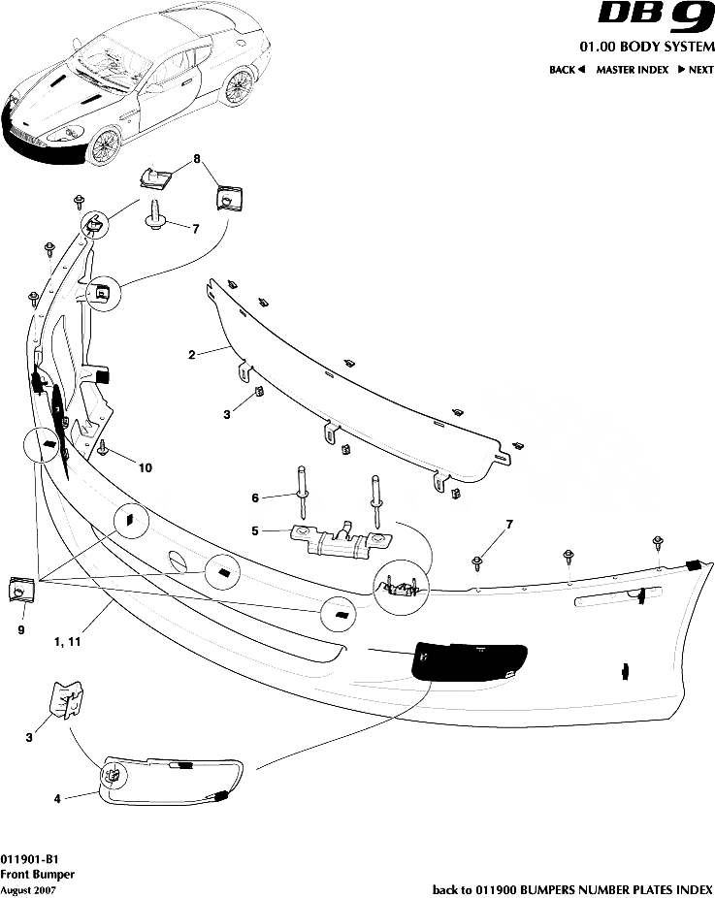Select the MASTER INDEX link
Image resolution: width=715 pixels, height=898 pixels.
pos(632,69)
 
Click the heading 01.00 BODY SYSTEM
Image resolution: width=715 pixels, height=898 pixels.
pos(647,47)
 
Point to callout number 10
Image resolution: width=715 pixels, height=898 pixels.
pos(146,467)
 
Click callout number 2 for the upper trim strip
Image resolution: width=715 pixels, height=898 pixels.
pos(192,355)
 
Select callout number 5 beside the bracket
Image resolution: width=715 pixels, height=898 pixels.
pos(255,530)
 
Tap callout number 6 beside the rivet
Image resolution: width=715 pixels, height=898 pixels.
pos(255,497)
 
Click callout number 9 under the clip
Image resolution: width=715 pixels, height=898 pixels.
pos(21,630)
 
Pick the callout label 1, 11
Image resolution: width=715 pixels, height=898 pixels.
pos(67,641)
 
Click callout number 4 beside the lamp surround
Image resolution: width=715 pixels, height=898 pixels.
pos(57,798)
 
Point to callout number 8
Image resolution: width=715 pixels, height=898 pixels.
pos(197,159)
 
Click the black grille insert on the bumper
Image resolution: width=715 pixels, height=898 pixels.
pos(469,661)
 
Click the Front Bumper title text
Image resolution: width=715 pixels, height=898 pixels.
pos(37,875)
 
